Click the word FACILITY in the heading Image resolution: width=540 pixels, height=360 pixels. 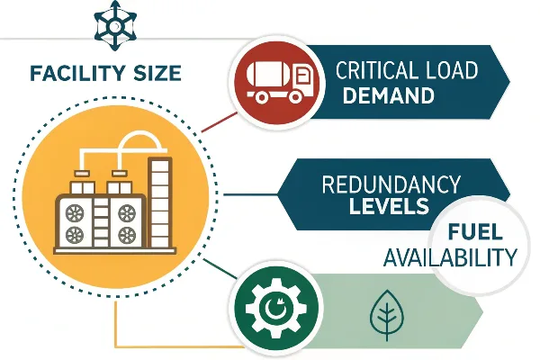tap(77, 73)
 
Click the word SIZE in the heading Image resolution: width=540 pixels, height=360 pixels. tap(157, 73)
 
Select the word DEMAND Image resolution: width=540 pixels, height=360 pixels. tap(388, 95)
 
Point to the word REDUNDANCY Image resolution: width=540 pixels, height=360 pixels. tap(391, 184)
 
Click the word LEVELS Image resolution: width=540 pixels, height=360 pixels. tap(389, 206)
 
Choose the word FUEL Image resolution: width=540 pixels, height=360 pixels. tap(475, 232)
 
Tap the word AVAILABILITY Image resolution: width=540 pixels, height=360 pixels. tap(450, 256)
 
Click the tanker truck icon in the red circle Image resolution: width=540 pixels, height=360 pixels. tap(281, 82)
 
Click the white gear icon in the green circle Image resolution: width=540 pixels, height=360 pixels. tap(276, 309)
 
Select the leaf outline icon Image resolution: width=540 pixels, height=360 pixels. tap(387, 315)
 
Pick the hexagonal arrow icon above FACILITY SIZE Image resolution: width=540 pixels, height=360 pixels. tap(115, 25)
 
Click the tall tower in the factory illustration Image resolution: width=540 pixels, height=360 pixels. tap(160, 202)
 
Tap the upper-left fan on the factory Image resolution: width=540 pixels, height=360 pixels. tap(75, 213)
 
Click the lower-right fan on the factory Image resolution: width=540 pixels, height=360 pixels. tap(127, 235)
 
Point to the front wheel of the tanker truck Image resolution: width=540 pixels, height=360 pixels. tap(295, 97)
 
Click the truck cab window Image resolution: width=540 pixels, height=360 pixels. tap(302, 76)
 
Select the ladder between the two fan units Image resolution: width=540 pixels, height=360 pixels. tap(101, 223)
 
